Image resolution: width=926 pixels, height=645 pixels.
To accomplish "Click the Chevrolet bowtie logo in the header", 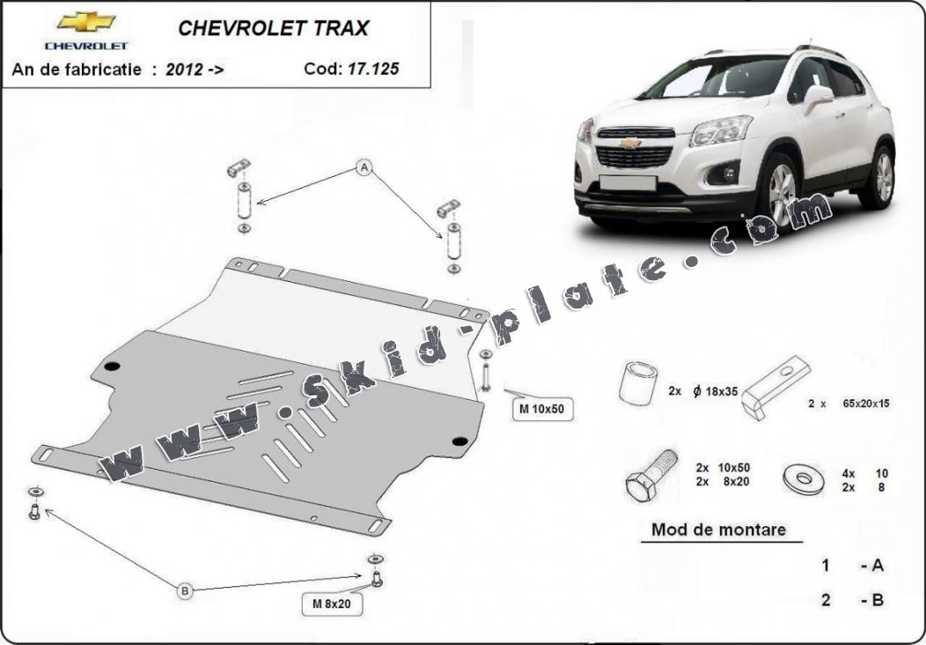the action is coord(86,22).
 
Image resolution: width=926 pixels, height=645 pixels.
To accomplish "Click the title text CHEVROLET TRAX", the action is coord(274,28).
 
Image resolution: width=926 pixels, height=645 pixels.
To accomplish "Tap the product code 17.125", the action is coord(372,69).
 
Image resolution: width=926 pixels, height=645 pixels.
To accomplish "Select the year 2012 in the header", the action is coord(184,70).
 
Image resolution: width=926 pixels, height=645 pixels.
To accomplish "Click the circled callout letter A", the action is coord(364,168).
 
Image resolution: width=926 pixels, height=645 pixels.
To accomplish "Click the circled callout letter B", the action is coord(185,590).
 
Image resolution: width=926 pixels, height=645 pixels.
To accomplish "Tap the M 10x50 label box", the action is coord(542,409).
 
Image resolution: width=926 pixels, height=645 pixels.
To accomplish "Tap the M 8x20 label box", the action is coord(331,604).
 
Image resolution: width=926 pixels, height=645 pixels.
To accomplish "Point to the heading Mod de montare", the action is coord(718,529).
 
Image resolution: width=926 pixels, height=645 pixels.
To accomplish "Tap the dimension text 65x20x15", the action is coord(866,404).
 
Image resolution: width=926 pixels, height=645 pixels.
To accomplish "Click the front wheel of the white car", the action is coord(782,189).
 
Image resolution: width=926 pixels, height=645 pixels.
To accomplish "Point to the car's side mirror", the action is coord(817,98).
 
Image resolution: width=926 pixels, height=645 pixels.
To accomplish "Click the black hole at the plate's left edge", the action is coord(112,366).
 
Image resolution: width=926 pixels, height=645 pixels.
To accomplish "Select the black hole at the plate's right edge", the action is coord(459,441).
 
